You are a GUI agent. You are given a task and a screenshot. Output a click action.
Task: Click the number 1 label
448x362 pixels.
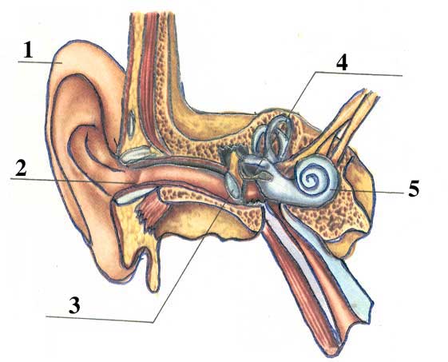pyautogui.click(x=28, y=50)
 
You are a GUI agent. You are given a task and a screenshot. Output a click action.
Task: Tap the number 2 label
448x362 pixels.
pyautogui.click(x=21, y=168)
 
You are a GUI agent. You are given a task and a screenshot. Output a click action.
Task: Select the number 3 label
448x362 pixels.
pyautogui.click(x=74, y=305)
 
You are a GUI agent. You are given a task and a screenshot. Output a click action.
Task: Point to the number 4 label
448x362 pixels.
pyautogui.click(x=342, y=62)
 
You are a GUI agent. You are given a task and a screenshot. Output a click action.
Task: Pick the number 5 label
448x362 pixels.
pyautogui.click(x=414, y=188)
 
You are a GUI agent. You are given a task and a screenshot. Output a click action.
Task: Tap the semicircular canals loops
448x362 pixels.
pyautogui.click(x=273, y=134)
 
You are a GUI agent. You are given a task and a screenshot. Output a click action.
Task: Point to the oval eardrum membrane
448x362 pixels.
pyautogui.click(x=232, y=185)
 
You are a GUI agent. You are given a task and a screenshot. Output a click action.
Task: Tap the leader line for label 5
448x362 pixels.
pyautogui.click(x=367, y=191)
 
